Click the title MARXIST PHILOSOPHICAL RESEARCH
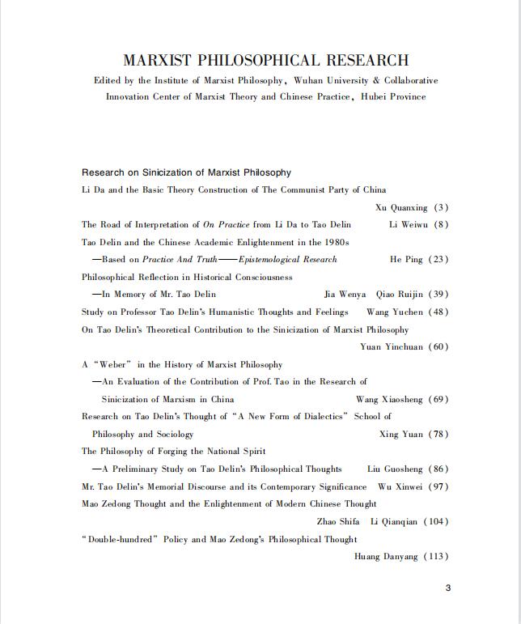tap(265, 61)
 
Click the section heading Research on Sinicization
tap(186, 172)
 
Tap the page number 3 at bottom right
tap(448, 588)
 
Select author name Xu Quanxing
tap(402, 208)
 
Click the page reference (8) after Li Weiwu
tap(440, 225)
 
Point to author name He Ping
tap(407, 260)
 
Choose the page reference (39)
tap(438, 295)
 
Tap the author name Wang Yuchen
tap(395, 312)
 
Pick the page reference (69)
tap(438, 400)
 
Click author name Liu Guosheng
tap(395, 469)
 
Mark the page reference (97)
tap(438, 487)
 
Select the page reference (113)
tap(435, 557)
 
